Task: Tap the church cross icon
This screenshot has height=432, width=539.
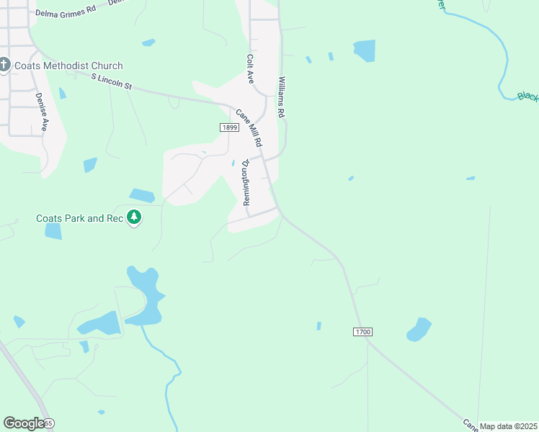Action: point(4,66)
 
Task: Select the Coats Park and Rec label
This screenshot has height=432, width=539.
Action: point(81,218)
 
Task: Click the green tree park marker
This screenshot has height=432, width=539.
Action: point(133,217)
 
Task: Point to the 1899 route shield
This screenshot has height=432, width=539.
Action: point(229,127)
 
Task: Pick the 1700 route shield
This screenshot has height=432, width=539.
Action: point(362,332)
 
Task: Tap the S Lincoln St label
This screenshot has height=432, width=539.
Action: point(112,81)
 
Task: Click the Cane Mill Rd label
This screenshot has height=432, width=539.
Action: point(249,127)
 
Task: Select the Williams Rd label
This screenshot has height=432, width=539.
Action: point(282,98)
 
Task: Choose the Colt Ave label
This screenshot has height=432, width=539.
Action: point(250,69)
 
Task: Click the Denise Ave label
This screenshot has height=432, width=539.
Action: point(43,112)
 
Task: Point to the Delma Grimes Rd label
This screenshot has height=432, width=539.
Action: point(66,12)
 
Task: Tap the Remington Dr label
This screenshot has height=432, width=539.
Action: point(245,183)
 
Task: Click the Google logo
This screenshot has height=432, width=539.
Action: point(23,423)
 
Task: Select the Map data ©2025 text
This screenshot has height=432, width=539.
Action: point(508,426)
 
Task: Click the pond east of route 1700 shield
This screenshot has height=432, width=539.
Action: point(419,330)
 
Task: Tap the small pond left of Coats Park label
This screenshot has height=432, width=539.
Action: point(53,231)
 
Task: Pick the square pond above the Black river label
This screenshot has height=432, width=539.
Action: point(365,50)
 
